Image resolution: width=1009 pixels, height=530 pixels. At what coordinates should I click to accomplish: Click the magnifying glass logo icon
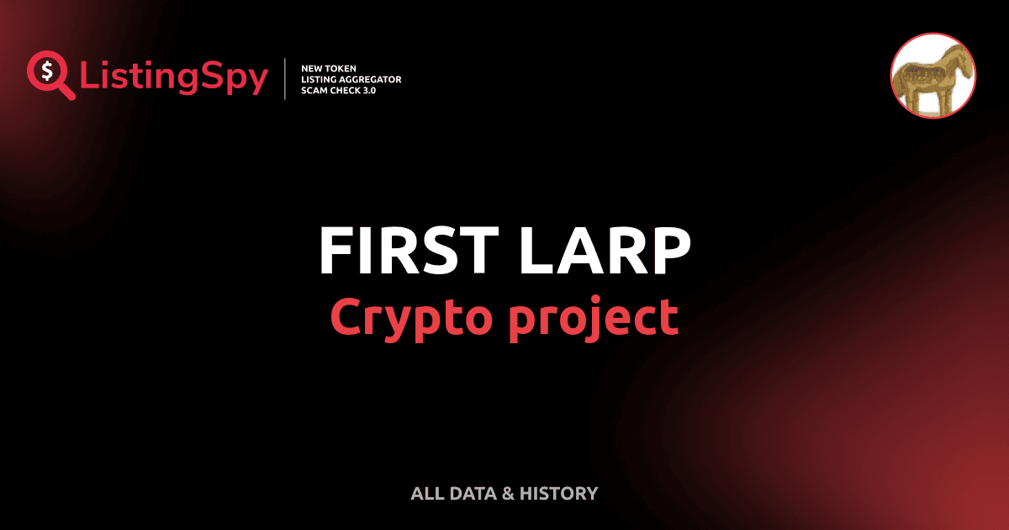tap(49, 74)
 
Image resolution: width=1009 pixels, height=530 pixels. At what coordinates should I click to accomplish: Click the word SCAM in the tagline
tap(314, 90)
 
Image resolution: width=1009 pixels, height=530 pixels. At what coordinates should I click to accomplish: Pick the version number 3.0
tap(367, 90)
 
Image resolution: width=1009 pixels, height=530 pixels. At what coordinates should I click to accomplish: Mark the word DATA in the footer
tap(470, 494)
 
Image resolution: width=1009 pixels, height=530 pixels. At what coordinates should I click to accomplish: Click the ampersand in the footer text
tap(507, 494)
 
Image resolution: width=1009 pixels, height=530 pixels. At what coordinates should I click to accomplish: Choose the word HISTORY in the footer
tap(559, 494)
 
